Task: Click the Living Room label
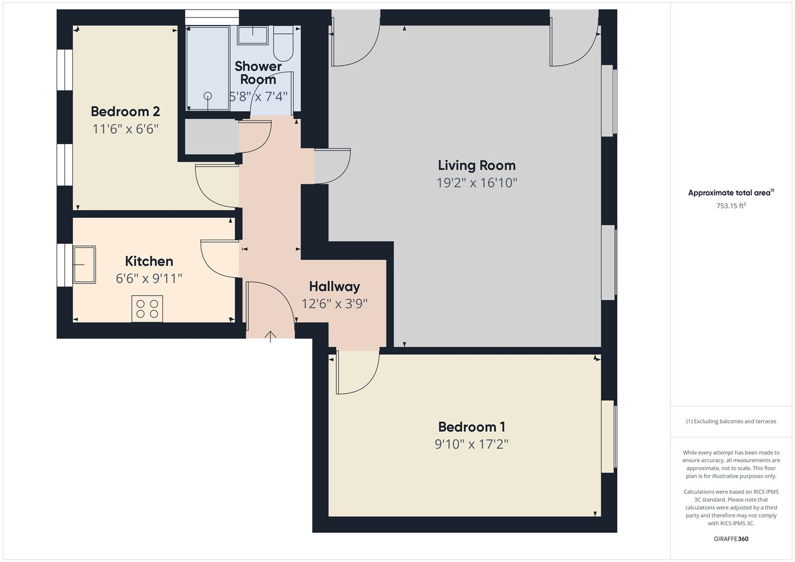click(x=476, y=165)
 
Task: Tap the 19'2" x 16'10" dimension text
click(x=476, y=183)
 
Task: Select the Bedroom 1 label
click(x=471, y=427)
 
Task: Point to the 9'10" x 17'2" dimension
click(x=471, y=444)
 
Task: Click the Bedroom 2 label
click(x=125, y=111)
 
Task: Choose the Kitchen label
click(x=149, y=261)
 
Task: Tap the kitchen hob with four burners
click(x=147, y=309)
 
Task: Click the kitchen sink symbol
click(x=84, y=265)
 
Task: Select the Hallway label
click(x=334, y=287)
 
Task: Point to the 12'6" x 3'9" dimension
click(x=334, y=304)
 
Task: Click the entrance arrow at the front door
click(x=270, y=336)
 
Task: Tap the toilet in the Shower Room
click(x=283, y=44)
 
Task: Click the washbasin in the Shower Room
click(x=253, y=35)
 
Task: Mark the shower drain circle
click(x=208, y=96)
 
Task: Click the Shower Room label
click(x=258, y=73)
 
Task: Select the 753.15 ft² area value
click(x=731, y=206)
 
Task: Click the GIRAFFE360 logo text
click(x=731, y=539)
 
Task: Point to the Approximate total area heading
click(x=730, y=193)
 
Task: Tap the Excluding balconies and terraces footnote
click(x=731, y=421)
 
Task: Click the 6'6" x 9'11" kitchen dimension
click(x=149, y=278)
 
